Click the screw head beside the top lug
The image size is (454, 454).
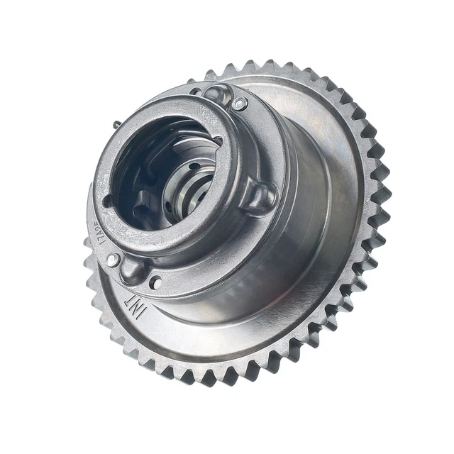tap(239, 104)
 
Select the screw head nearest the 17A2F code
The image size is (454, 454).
tap(113, 260)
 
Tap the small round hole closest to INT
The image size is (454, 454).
tap(155, 282)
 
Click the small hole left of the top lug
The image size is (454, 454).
tap(196, 92)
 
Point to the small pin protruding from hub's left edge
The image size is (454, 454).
tap(114, 124)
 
